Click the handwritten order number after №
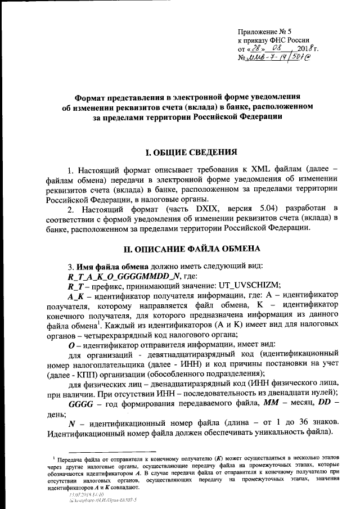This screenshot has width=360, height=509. tap(278, 58)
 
